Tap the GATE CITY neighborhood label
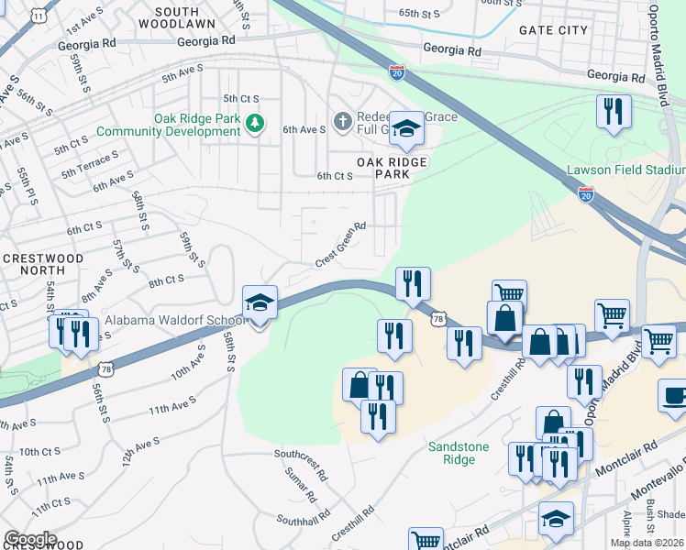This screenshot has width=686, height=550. tap(554, 30)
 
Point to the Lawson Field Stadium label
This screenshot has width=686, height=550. tap(625, 170)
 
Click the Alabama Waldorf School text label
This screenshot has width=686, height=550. tap(174, 321)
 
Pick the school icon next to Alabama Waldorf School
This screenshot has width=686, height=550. tap(260, 303)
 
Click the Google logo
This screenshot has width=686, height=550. tap(30, 538)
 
